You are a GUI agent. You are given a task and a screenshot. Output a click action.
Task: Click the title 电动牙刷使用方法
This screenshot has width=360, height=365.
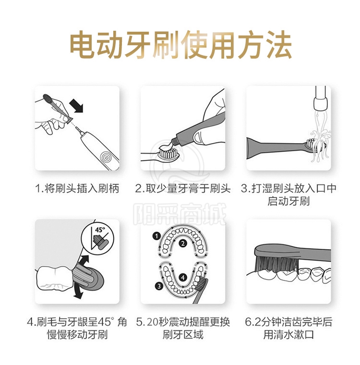[x=180, y=45]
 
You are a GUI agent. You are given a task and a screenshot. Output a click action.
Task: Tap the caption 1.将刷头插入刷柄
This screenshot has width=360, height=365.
[x=77, y=189]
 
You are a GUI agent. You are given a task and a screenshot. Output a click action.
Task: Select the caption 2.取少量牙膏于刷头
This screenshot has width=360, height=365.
[x=183, y=189]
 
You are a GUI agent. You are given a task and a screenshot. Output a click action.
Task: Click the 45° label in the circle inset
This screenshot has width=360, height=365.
[x=100, y=230]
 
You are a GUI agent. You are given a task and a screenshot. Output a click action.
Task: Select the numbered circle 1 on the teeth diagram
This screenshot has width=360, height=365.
[x=156, y=236]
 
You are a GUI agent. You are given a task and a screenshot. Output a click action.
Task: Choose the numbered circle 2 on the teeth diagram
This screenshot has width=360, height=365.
[x=183, y=243]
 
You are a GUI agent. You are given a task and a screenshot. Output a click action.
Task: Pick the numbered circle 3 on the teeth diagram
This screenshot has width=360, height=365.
[x=159, y=286]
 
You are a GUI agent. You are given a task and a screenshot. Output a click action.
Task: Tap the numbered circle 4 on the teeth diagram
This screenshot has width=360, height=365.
[x=183, y=278]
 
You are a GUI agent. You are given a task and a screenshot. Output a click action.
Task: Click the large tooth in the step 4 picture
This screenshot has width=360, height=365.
[x=55, y=278]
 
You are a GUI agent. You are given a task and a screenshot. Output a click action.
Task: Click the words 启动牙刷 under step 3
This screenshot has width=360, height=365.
[x=288, y=201]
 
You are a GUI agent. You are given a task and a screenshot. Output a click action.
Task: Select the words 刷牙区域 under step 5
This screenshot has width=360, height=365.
[x=183, y=335]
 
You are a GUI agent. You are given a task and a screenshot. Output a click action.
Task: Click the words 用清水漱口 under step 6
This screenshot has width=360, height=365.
[x=288, y=335]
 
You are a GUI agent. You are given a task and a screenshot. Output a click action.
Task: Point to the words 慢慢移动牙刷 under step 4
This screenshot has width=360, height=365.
[x=77, y=335]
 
